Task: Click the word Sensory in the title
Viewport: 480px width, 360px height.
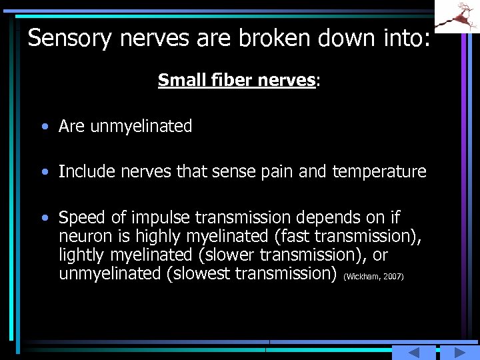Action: [69, 38]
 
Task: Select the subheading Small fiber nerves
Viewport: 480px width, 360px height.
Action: [237, 81]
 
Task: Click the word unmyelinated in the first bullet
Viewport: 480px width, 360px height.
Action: [141, 126]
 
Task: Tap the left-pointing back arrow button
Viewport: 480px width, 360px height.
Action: [413, 353]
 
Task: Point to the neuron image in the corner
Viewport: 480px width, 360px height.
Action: [459, 16]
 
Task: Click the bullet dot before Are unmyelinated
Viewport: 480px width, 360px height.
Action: [44, 127]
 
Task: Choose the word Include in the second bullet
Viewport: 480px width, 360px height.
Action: [84, 172]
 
